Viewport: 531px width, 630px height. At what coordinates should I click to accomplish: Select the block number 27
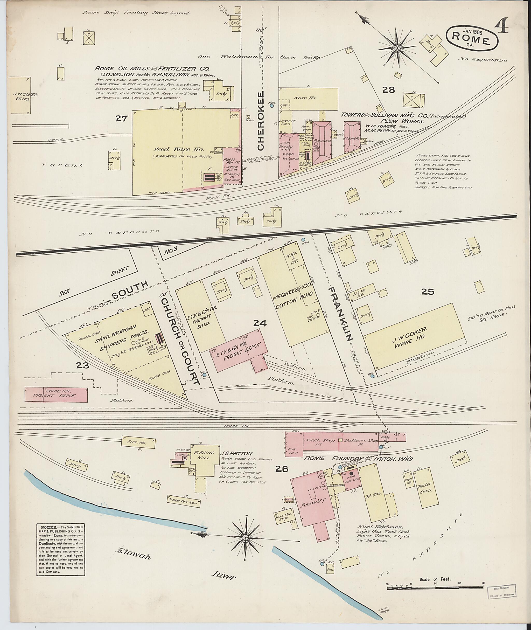tap(122, 119)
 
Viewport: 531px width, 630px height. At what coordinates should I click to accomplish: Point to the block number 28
tap(388, 89)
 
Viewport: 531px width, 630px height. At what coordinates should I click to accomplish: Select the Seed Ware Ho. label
tap(179, 150)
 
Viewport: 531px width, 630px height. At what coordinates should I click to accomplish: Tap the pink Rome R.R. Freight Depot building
tap(56, 395)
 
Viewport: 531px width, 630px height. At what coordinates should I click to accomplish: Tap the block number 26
tap(282, 469)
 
